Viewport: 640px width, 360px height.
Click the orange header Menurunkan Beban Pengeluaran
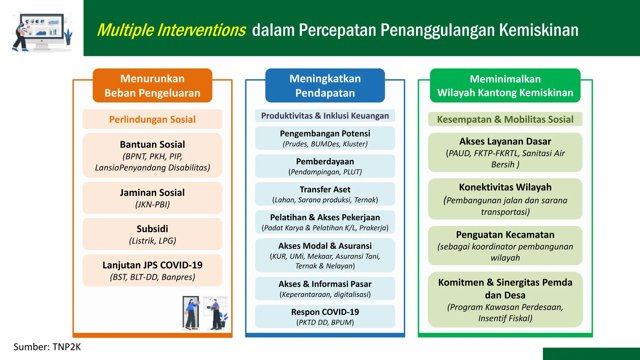coord(152,86)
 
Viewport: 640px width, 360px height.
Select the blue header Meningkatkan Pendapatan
coord(325,86)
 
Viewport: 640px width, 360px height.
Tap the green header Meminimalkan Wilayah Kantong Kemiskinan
coord(505,86)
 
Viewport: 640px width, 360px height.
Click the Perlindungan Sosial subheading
coord(152,119)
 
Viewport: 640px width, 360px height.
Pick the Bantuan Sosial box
coord(152,156)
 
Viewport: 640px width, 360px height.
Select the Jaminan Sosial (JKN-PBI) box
coord(152,198)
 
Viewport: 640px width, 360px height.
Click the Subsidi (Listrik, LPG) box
coord(152,234)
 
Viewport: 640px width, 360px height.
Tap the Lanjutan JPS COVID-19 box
coord(152,270)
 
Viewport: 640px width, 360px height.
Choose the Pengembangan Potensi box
coord(325,138)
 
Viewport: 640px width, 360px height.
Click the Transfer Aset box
coord(325,194)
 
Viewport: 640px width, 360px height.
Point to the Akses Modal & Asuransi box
coord(325,255)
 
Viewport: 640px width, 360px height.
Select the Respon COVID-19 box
coord(325,317)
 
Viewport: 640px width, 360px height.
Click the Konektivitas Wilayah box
coord(505,199)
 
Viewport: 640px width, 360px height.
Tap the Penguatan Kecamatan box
coord(505,246)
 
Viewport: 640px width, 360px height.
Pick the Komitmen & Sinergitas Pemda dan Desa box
coord(505,300)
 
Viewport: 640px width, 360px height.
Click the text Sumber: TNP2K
coord(47,347)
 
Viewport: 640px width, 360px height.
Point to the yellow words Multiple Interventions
coord(171,30)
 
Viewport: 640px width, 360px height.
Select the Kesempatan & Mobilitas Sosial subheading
coord(505,119)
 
